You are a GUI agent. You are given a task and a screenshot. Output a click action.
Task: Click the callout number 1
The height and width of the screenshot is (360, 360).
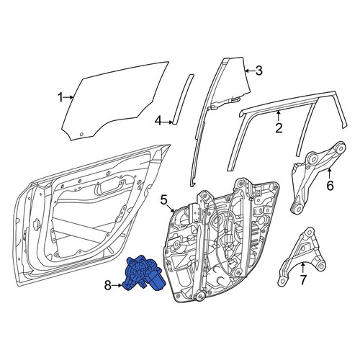pos(60,97)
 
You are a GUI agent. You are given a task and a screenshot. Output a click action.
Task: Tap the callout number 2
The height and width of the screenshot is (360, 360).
pos(279,128)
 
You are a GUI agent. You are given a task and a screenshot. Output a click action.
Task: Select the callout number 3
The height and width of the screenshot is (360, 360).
pos(259,71)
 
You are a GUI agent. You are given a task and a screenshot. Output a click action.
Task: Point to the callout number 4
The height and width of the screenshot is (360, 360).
pos(158,122)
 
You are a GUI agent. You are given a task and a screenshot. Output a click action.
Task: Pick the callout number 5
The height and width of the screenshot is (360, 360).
pos(164,199)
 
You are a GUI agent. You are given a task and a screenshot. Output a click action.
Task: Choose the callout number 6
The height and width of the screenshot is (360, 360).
pos(330,186)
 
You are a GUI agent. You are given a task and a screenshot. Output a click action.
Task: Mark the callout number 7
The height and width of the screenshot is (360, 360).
pos(303,279)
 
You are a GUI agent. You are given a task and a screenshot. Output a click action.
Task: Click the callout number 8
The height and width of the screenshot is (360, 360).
pos(108,285)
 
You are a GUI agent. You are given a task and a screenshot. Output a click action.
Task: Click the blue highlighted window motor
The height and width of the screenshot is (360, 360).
pos(143,274)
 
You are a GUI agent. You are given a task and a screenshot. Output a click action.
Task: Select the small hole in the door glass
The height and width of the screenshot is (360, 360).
pos(81,134)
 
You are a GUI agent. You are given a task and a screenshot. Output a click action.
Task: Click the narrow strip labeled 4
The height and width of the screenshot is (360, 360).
pos(183,99)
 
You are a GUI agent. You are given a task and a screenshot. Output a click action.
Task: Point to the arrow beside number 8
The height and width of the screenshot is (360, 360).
pos(117,285)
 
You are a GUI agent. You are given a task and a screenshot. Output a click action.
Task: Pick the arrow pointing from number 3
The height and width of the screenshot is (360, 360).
pos(250,71)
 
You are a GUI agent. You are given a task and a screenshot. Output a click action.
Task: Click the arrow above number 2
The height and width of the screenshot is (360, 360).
pos(279,116)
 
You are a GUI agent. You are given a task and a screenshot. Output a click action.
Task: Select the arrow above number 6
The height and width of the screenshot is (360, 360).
pos(330,174)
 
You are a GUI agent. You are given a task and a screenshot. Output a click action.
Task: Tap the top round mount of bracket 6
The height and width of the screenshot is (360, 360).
pos(340,147)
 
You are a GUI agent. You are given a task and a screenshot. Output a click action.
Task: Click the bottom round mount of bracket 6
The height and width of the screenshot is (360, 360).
pos(297,208)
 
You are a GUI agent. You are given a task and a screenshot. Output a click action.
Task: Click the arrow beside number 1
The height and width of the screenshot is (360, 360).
pos(68,97)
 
